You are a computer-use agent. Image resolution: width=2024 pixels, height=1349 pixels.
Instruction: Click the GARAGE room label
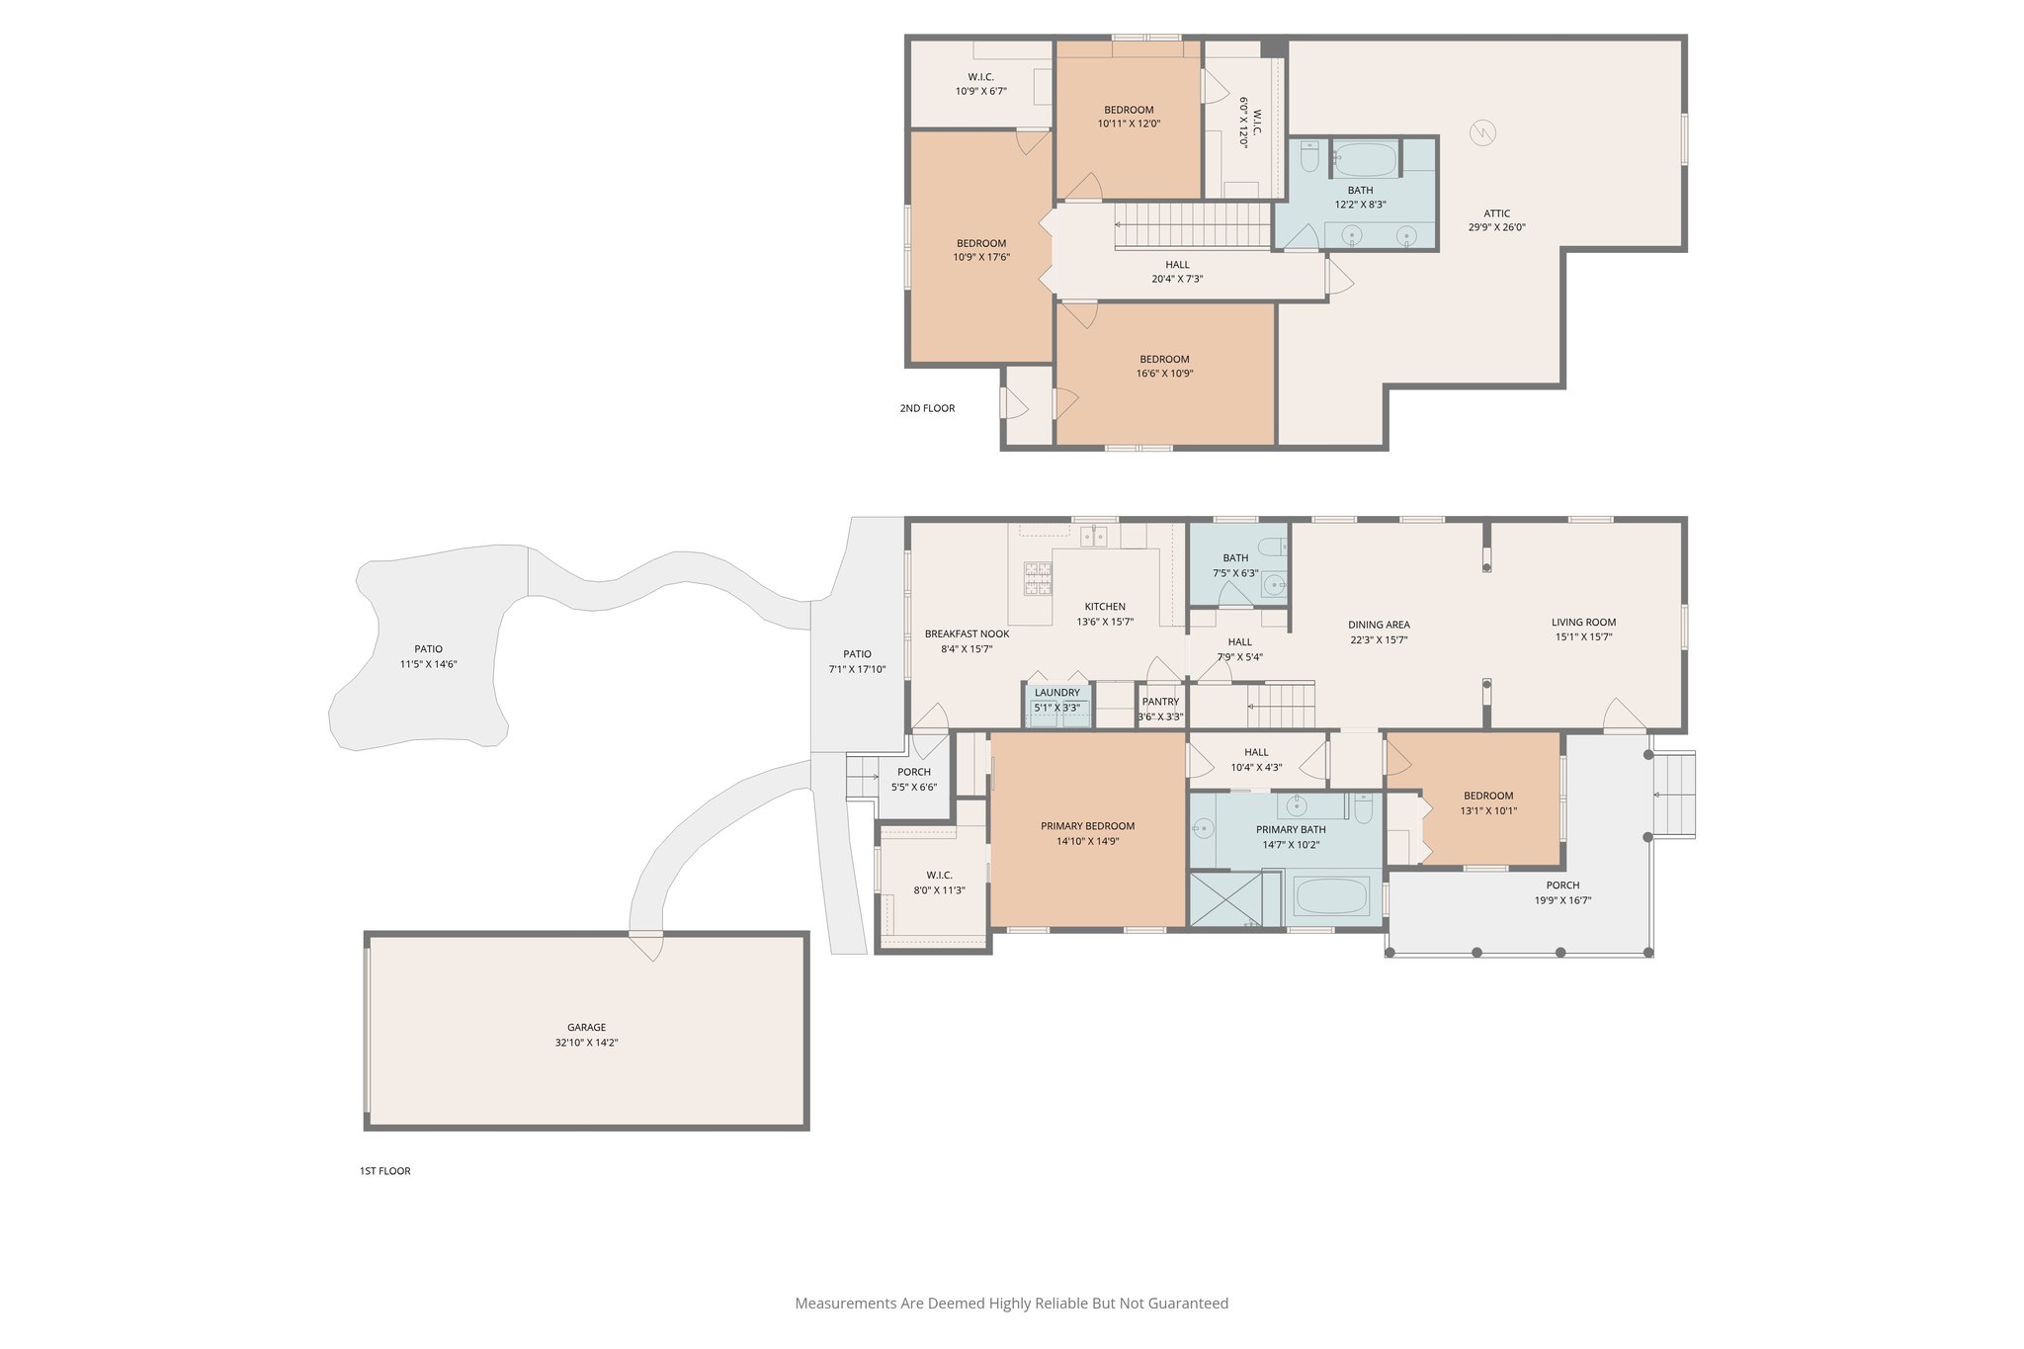[586, 1027]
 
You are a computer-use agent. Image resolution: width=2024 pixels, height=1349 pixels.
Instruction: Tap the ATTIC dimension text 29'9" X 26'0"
[1496, 227]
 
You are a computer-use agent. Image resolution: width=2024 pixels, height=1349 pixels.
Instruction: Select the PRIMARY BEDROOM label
[1087, 826]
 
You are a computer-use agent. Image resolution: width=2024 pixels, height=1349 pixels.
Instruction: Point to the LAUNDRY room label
[1056, 693]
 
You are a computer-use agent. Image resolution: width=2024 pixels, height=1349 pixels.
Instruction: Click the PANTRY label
[1160, 702]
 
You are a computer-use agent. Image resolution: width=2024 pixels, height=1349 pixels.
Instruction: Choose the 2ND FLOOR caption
[927, 408]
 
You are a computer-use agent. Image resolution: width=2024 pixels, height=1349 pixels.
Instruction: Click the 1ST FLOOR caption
[384, 1171]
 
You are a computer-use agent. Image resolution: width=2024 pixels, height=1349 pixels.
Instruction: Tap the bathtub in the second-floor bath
[1365, 158]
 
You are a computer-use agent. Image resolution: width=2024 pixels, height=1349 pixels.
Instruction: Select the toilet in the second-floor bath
[1309, 158]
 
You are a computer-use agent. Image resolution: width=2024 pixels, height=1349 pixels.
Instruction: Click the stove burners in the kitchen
[1038, 578]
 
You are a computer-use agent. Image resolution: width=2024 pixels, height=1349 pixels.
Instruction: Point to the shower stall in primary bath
[1224, 898]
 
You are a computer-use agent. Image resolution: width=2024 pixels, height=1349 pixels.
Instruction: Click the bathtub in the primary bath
[1331, 896]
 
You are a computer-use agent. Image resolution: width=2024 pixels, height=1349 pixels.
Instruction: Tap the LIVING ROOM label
[1583, 623]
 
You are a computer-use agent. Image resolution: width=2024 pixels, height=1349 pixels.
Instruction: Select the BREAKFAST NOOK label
[967, 634]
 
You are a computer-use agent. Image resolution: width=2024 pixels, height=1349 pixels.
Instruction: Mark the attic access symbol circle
[1481, 131]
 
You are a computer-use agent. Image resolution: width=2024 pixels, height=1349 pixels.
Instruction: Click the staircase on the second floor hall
[1192, 225]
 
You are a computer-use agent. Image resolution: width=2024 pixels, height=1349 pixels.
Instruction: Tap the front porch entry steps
[1674, 795]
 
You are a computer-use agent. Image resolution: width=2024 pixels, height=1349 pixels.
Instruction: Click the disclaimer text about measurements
[1011, 1304]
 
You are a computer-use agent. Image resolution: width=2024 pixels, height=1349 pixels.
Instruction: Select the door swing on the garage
[647, 947]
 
